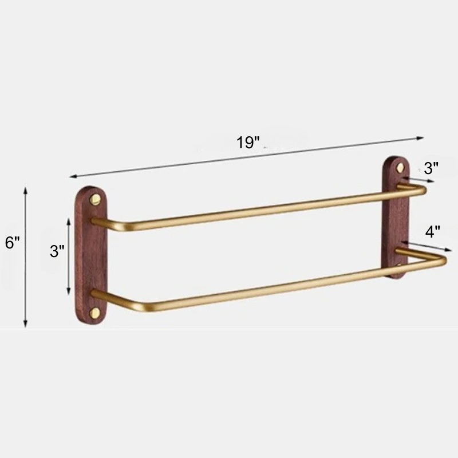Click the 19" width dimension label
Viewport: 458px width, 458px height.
point(248,143)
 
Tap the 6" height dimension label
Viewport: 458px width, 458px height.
point(12,242)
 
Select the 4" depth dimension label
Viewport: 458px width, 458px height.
point(433,232)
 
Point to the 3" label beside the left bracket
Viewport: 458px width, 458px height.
point(57,251)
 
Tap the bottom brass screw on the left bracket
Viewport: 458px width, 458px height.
point(94,313)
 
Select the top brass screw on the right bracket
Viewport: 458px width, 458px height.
point(399,167)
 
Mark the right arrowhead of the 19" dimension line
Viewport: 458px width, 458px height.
point(420,138)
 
